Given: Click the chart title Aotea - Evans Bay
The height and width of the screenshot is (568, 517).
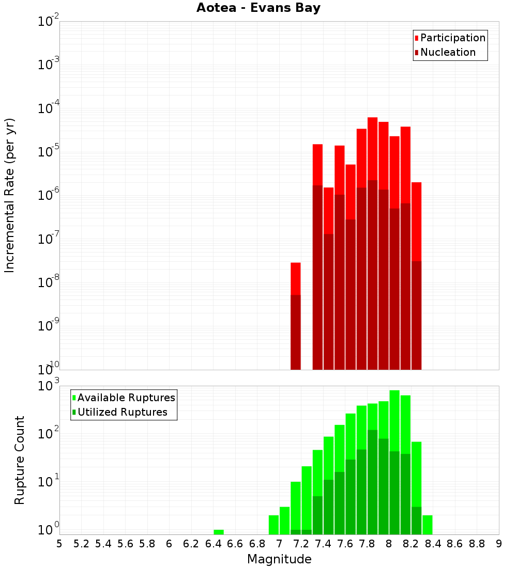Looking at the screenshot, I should coord(258,8).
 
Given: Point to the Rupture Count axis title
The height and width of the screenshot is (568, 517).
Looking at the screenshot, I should coord(20,460).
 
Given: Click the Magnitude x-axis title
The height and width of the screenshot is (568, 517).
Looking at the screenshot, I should coord(279,559).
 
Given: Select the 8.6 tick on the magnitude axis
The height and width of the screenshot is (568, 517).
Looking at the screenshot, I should coord(455,544).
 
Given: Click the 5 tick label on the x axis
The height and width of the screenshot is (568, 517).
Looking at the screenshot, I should coord(59,544).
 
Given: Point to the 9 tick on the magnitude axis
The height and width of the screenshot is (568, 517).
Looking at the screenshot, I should coord(499,544).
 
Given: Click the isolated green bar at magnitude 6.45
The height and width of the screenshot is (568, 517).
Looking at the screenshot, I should coord(219,532).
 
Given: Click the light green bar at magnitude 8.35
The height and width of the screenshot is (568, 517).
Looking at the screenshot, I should coord(428,525).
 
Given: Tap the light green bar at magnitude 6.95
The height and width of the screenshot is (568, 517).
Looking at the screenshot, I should coord(273,525).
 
